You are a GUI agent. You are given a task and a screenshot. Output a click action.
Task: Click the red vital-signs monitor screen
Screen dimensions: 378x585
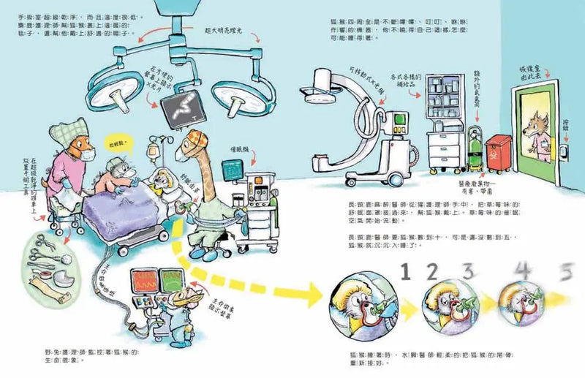[x=143, y=280]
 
